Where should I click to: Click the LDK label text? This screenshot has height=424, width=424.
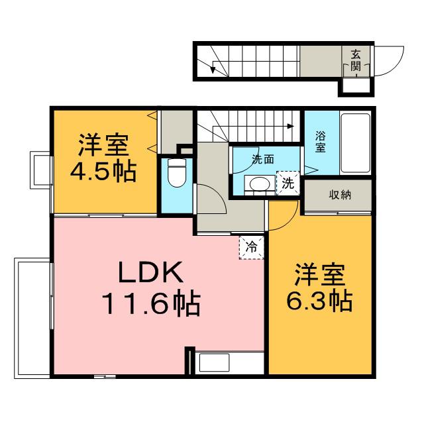pos(150,272)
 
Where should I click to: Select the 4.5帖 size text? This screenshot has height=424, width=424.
pos(103,172)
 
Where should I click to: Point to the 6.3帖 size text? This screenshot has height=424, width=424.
pos(319,300)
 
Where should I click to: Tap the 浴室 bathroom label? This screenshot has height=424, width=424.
pos(321,142)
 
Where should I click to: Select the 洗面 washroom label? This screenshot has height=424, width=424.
pos(263,160)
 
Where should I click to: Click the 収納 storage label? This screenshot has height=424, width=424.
pos(340,195)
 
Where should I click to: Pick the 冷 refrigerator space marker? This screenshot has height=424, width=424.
pos(251,247)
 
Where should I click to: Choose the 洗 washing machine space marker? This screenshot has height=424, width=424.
pos(288,184)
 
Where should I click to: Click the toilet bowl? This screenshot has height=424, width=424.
pos(177,173)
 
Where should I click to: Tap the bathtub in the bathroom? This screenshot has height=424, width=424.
pos(355,143)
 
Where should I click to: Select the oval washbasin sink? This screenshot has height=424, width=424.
pos(260,185)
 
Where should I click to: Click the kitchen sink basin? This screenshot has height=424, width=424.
pos(214,362)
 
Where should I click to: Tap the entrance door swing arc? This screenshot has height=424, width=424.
pos(397,65)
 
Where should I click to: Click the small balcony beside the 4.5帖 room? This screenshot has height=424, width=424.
pos(40,170)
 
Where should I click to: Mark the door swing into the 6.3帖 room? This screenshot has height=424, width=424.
pos(291,219)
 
